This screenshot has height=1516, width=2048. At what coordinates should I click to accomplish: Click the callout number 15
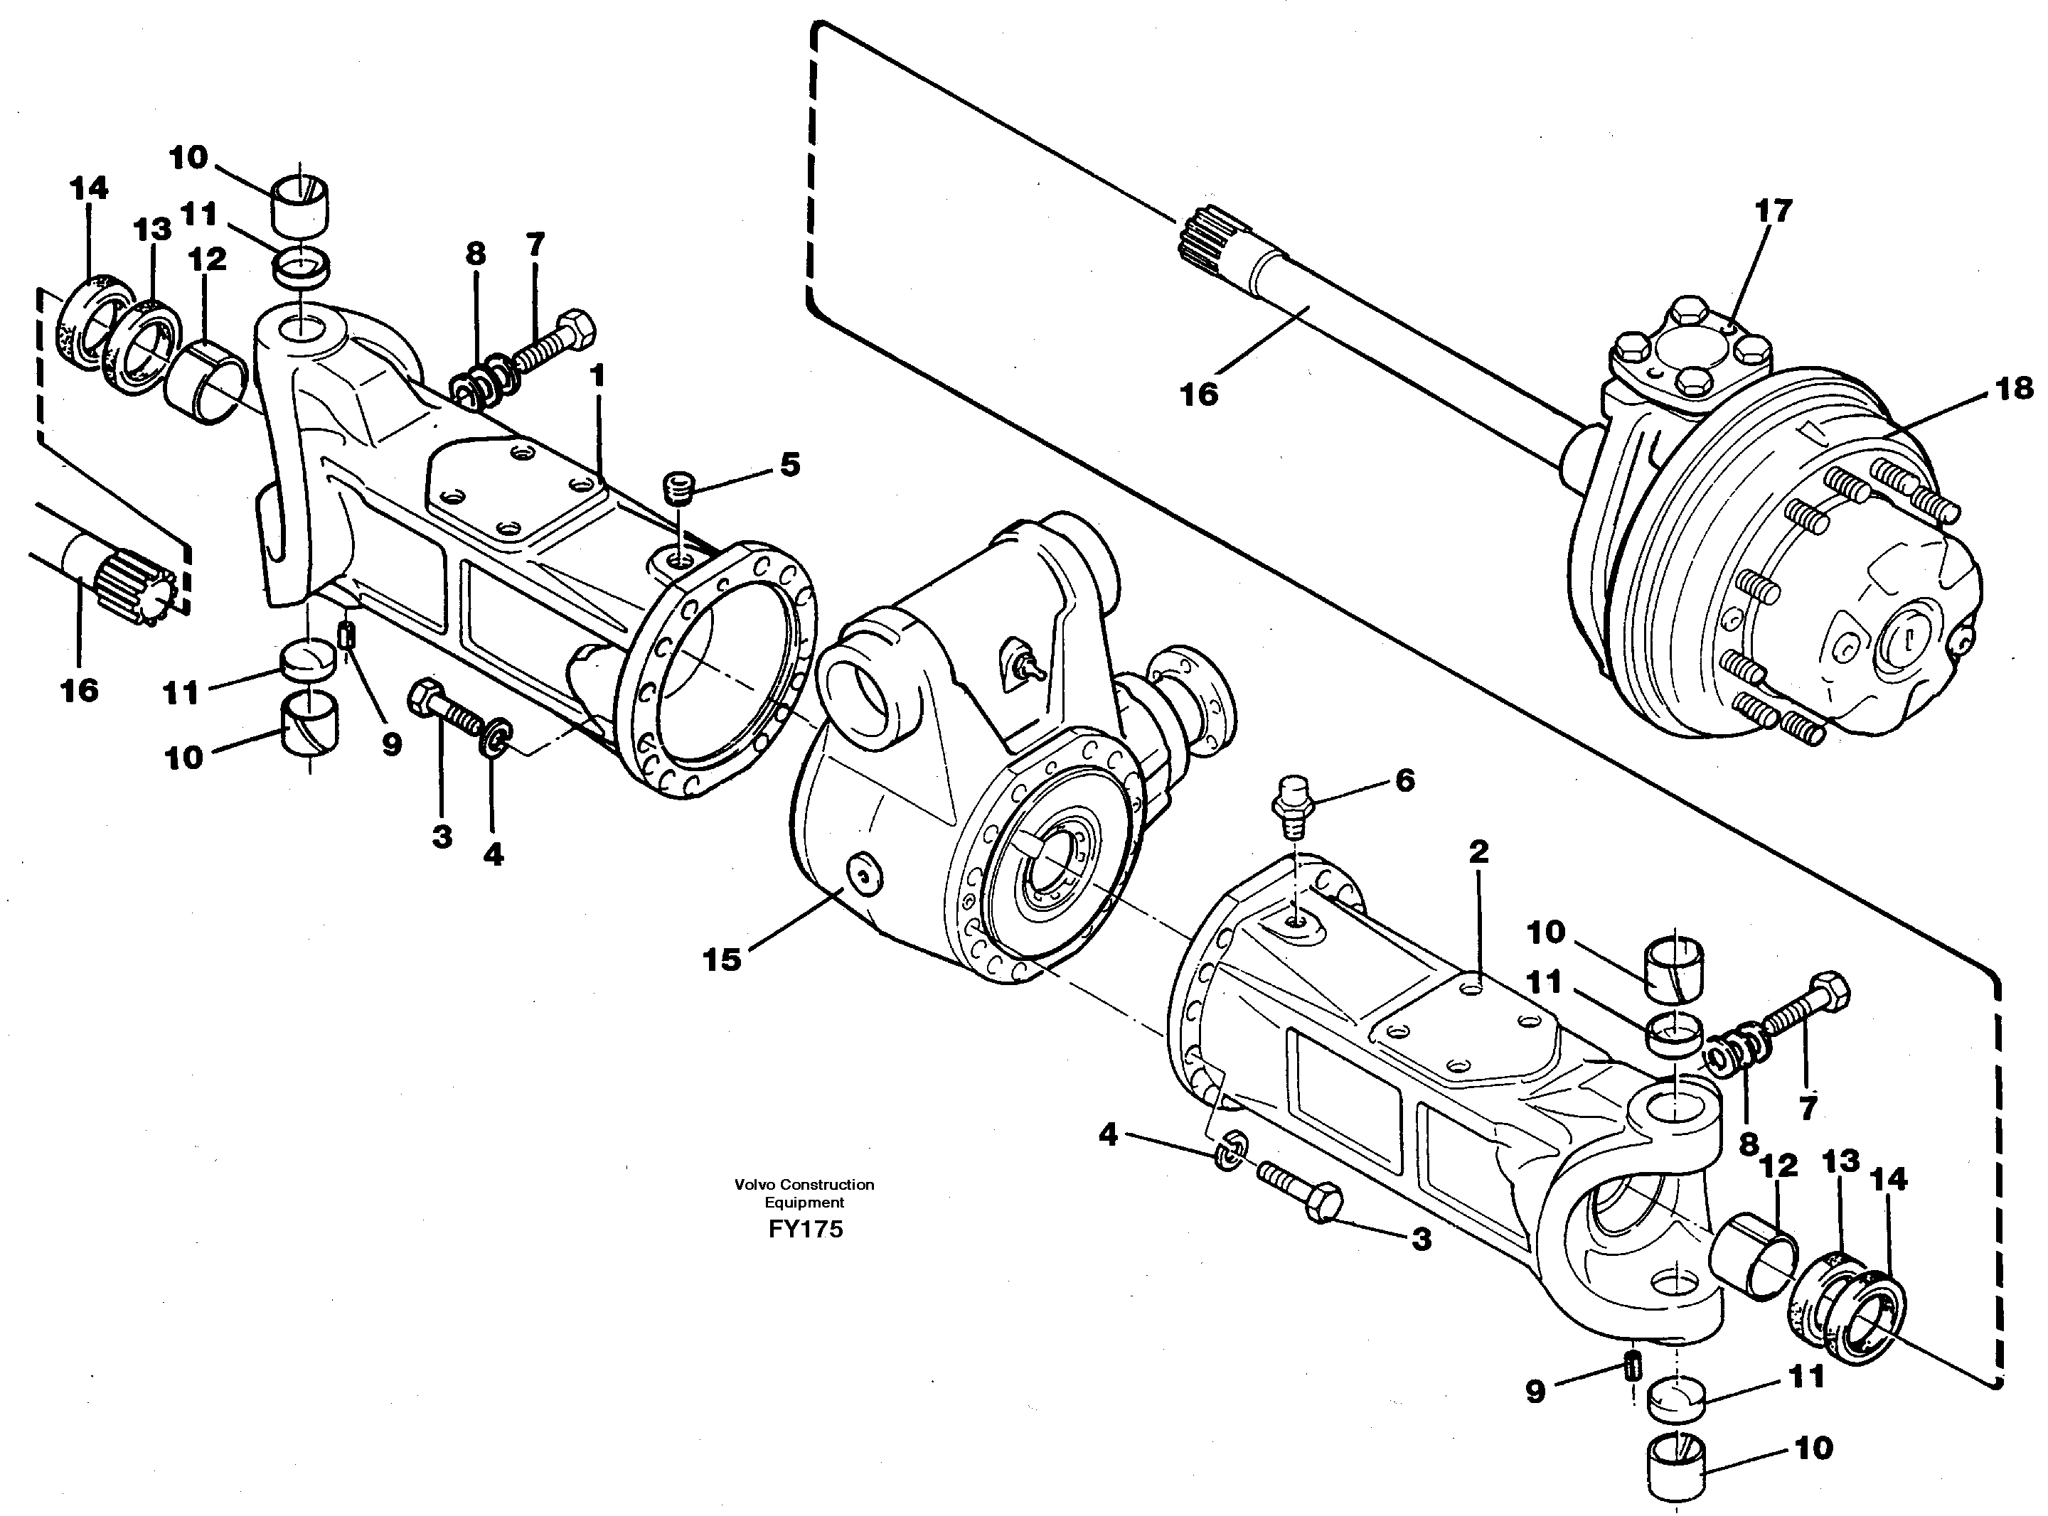722,960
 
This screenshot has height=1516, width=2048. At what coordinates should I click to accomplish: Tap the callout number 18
2014,389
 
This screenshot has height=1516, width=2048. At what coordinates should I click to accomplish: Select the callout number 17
1773,210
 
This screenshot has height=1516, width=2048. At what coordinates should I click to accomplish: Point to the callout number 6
1404,781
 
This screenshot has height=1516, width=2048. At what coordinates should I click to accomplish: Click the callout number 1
597,375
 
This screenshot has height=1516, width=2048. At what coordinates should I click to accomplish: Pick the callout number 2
1478,851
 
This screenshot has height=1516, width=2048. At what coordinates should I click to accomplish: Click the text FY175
805,1230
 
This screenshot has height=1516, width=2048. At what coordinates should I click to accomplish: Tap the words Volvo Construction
804,1185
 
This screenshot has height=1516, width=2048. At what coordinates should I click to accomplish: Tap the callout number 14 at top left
89,188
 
